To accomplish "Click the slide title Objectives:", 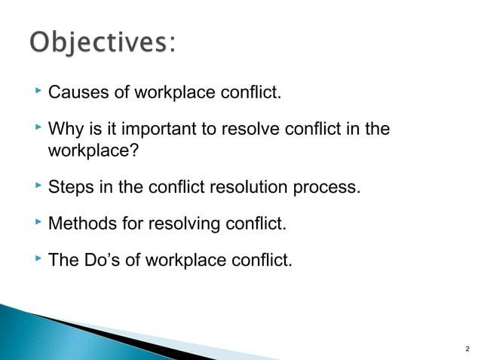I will (103, 44).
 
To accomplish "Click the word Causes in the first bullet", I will (77, 94).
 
